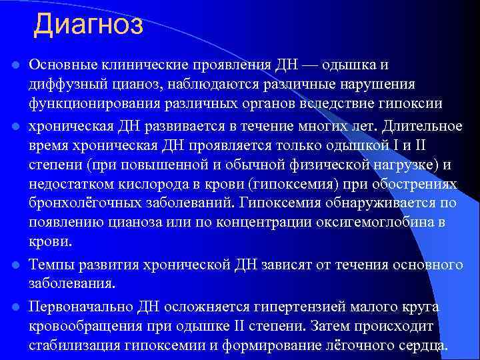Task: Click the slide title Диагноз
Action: click(89, 25)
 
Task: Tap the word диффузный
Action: click(65, 85)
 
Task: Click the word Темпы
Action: click(50, 265)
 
